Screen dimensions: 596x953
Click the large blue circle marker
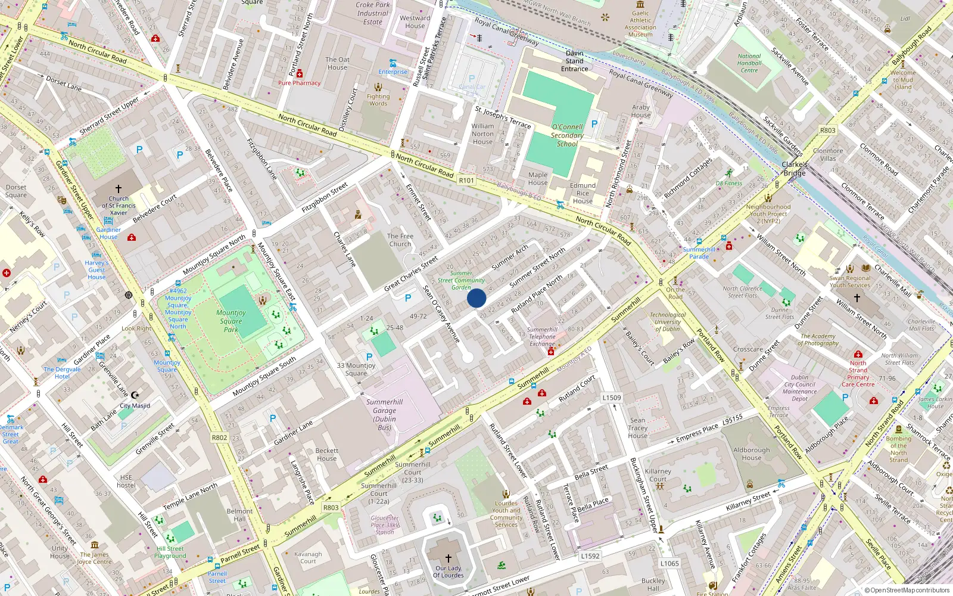[476, 298]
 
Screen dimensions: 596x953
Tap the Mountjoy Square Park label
[231, 321]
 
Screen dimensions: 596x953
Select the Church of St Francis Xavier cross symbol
[119, 188]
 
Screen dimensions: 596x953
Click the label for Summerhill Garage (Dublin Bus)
[385, 414]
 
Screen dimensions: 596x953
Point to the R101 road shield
[466, 180]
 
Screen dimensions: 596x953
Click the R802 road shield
[219, 437]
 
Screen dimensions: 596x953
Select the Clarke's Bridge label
[795, 169]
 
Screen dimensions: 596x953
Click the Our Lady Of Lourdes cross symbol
[449, 558]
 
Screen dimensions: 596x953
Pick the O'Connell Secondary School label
[567, 135]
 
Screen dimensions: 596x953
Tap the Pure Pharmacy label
[299, 83]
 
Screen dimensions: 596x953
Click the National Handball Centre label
[749, 63]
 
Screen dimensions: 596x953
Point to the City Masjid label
[135, 406]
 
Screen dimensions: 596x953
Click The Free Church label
[400, 240]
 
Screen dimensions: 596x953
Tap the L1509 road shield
[611, 398]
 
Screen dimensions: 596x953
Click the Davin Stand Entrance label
[575, 61]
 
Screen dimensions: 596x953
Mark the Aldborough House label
[751, 454]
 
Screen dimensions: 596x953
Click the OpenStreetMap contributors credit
[907, 590]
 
